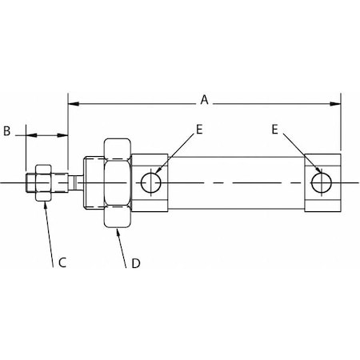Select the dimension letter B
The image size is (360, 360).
(6, 131)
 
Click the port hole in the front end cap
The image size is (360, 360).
(150, 182)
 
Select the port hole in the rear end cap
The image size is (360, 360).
(322, 182)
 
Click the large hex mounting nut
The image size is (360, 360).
(116, 183)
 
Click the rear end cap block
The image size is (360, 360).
(324, 182)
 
